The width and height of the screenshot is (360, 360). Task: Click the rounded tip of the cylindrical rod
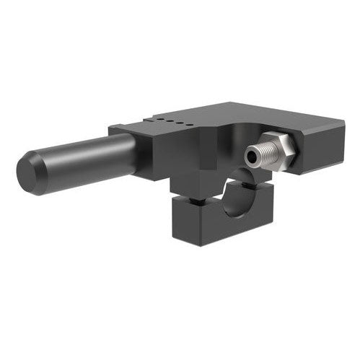pos(27,172)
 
